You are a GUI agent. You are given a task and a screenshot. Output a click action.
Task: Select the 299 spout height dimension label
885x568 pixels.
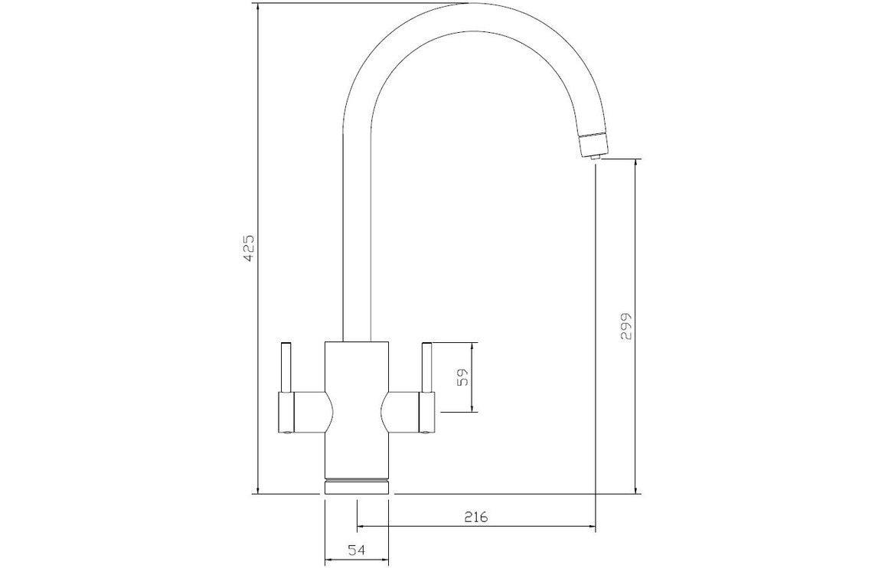click(626, 326)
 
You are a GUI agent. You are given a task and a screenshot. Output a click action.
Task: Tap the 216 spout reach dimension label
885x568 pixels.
click(475, 516)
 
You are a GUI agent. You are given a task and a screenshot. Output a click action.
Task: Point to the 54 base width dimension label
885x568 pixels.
click(357, 550)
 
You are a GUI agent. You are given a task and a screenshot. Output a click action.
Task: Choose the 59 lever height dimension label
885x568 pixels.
click(462, 377)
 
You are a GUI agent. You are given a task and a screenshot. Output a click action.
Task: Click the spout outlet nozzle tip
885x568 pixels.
click(594, 158)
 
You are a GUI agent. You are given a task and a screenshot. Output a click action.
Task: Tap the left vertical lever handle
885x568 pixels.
click(286, 367)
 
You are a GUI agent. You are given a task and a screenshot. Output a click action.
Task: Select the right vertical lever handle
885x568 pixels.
click(426, 367)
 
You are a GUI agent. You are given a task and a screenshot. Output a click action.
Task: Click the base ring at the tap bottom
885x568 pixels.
click(357, 488)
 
